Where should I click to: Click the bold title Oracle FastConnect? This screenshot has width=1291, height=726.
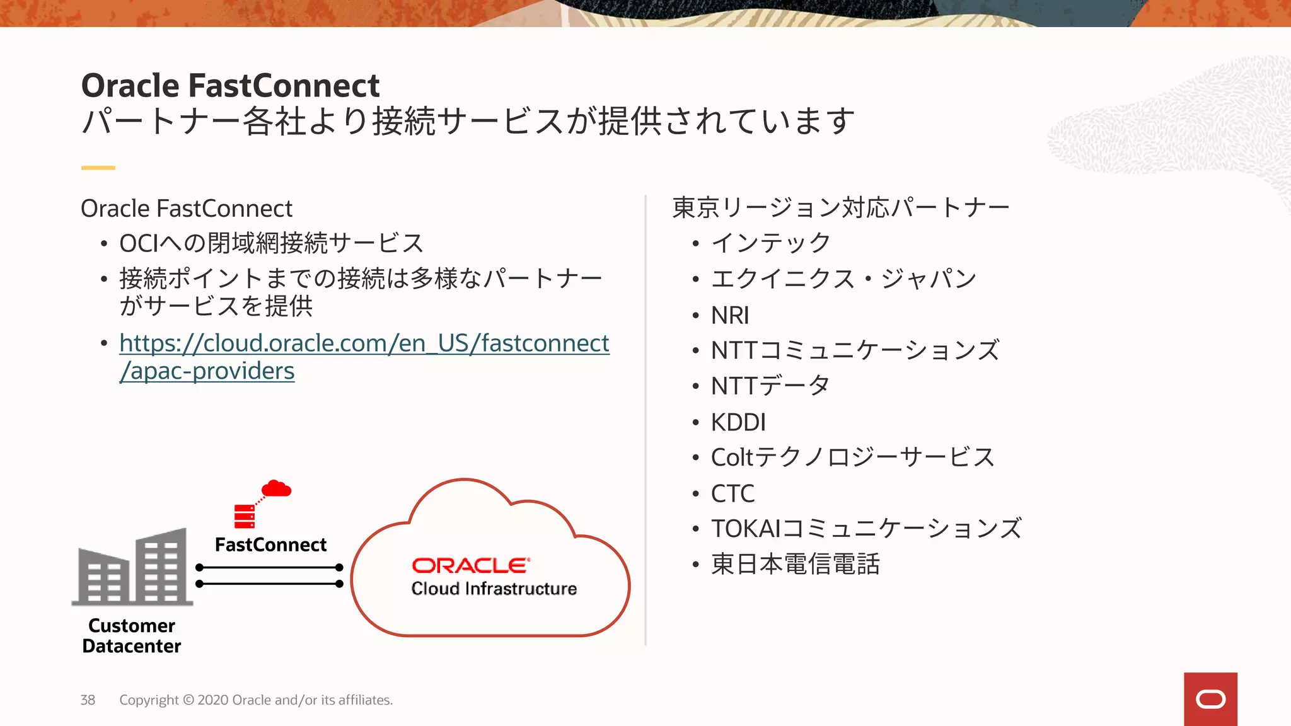pos(230,86)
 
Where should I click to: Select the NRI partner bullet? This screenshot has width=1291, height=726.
pos(730,315)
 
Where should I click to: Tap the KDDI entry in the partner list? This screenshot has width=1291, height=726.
pos(738,422)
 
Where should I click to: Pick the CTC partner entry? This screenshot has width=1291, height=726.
pos(732,493)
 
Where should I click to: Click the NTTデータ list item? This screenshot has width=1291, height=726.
pos(770,386)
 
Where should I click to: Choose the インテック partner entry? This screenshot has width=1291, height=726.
pos(770,243)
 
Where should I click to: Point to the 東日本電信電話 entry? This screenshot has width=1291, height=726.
pos(795,564)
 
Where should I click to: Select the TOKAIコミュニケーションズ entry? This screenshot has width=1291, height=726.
pos(865,529)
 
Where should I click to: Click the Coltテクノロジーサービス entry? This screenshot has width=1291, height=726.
pos(852,458)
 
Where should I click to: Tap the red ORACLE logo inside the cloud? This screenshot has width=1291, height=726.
pos(470,565)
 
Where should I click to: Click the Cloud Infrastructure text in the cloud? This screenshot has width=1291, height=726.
pos(494,589)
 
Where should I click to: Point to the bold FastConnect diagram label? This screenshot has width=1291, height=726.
pos(270,544)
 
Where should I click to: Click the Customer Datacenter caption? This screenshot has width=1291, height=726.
pos(132,635)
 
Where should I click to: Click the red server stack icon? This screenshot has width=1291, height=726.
pos(245,516)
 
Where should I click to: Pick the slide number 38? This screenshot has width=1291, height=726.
pos(88,700)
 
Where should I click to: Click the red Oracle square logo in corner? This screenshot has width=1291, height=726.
pos(1210,699)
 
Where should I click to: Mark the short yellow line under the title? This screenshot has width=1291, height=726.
pos(98,168)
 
